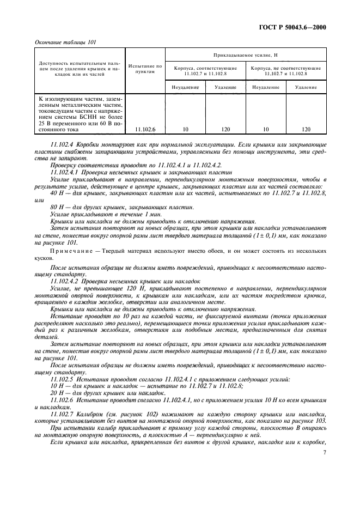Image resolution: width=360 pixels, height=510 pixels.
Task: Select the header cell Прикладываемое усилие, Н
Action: point(245,55)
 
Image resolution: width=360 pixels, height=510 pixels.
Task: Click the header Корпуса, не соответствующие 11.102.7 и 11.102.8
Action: point(285,70)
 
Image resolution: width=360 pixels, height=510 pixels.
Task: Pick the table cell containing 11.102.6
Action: point(145,130)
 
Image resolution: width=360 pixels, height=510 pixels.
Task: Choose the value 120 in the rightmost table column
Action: point(306,130)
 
